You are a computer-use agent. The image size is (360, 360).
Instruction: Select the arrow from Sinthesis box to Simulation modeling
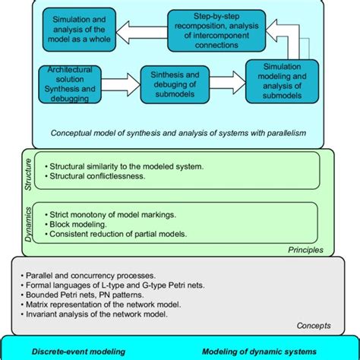(x=226, y=79)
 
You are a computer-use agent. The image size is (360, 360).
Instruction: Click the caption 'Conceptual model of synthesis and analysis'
(x=178, y=132)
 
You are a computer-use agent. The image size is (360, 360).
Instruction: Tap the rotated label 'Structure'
(x=27, y=171)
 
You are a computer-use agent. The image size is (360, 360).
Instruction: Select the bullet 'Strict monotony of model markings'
(x=117, y=215)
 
